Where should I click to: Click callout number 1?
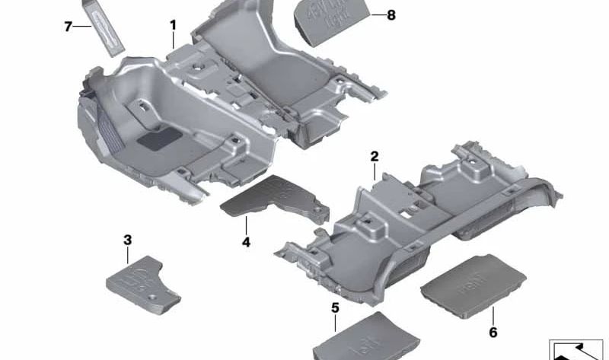tap(173, 25)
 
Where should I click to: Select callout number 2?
tap(375, 157)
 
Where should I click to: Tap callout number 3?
tap(127, 241)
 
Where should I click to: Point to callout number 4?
tap(246, 242)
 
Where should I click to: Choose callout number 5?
tap(335, 307)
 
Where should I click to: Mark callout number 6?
tap(493, 333)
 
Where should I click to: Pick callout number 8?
tap(391, 14)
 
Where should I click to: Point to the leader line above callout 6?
tap(493, 315)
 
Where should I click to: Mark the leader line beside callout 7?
tap(83, 26)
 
